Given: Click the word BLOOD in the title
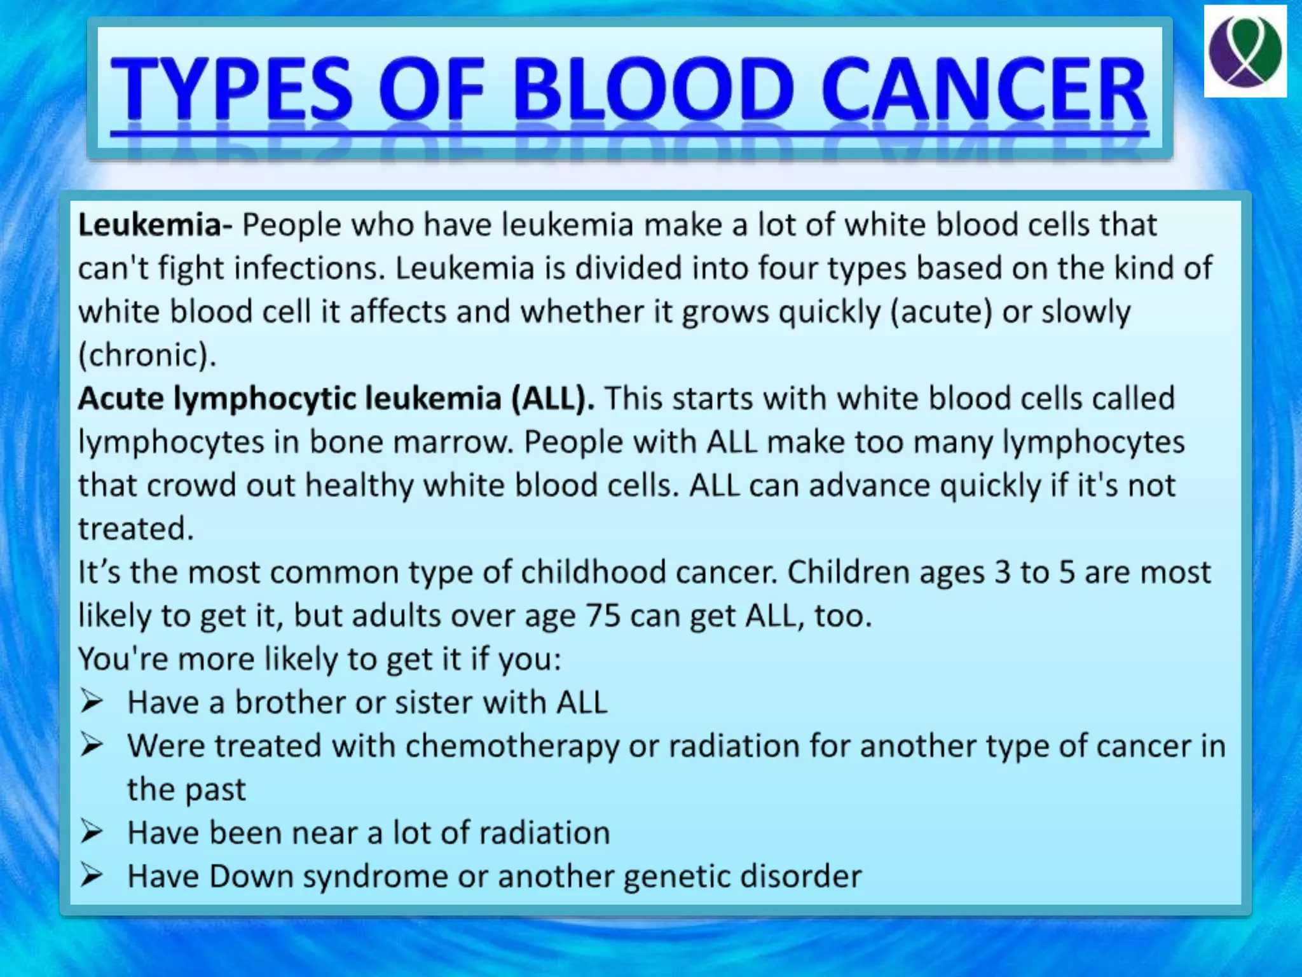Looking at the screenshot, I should [654, 89].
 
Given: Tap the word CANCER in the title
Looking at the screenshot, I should [983, 89].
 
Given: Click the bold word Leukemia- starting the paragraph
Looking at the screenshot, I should [154, 225].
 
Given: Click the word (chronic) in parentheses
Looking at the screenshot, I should [147, 356].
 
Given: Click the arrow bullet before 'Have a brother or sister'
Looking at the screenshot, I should [92, 702].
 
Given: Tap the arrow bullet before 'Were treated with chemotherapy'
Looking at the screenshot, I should [92, 745].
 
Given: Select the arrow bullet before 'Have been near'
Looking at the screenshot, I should [92, 832].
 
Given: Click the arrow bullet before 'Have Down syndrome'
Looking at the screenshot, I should [92, 876].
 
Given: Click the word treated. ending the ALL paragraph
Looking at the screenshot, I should [135, 529].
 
